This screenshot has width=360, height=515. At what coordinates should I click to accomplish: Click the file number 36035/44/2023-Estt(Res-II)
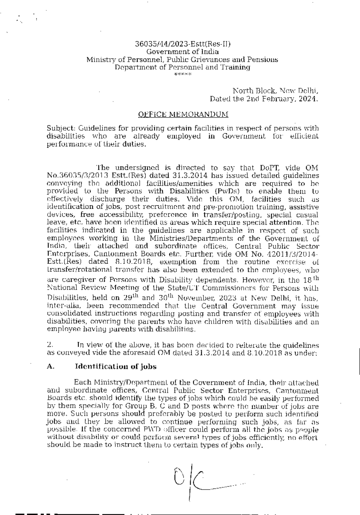[x=182, y=45]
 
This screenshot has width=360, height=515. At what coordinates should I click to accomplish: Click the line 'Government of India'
[x=182, y=52]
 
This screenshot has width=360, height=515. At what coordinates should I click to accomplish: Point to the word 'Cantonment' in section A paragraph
[x=297, y=391]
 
